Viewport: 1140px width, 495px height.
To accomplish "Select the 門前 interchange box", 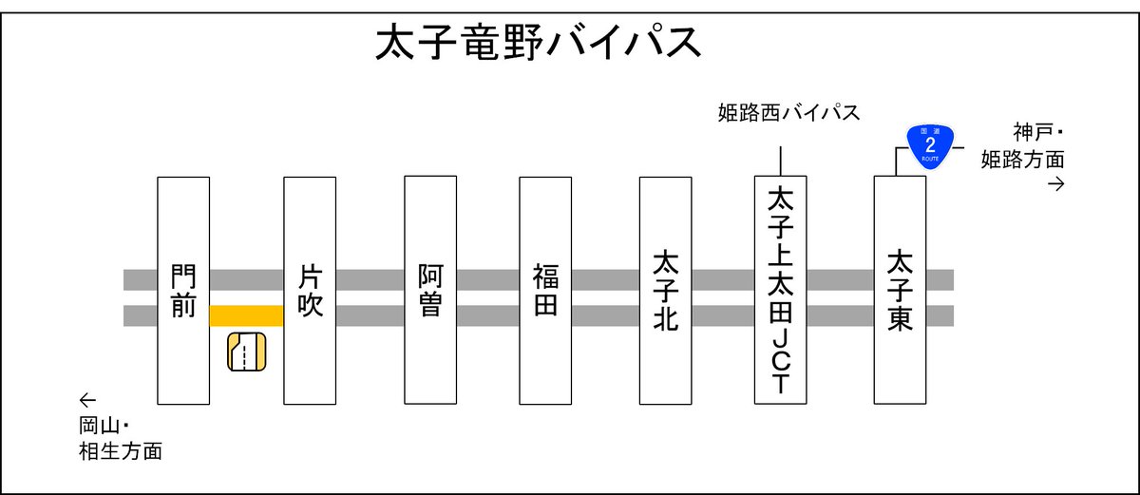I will tap(182, 290).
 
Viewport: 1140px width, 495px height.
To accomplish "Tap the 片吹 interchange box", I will tap(310, 290).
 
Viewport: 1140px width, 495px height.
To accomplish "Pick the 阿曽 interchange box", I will tap(430, 290).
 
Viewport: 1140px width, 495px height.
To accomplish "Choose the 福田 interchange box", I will tap(545, 290).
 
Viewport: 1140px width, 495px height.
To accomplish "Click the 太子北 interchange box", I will tap(665, 290).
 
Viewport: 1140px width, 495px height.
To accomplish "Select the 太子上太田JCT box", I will tap(780, 290).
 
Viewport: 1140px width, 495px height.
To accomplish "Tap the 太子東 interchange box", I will tap(900, 290).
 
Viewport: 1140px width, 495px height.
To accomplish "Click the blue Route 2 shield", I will tap(930, 144).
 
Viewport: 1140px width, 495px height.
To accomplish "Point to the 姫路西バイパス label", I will tap(788, 114).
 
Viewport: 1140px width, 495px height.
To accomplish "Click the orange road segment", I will tap(246, 315).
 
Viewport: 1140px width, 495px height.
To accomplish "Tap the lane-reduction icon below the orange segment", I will tap(246, 353).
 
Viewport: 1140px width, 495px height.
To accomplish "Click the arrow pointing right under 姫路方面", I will tap(1054, 184).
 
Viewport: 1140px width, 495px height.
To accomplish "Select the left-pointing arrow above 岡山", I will tap(87, 400).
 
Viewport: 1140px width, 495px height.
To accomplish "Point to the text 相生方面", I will tap(120, 451).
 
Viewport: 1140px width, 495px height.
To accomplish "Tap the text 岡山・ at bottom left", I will tap(104, 426).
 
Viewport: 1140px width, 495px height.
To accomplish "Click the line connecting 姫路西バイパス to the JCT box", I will tap(780, 161).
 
